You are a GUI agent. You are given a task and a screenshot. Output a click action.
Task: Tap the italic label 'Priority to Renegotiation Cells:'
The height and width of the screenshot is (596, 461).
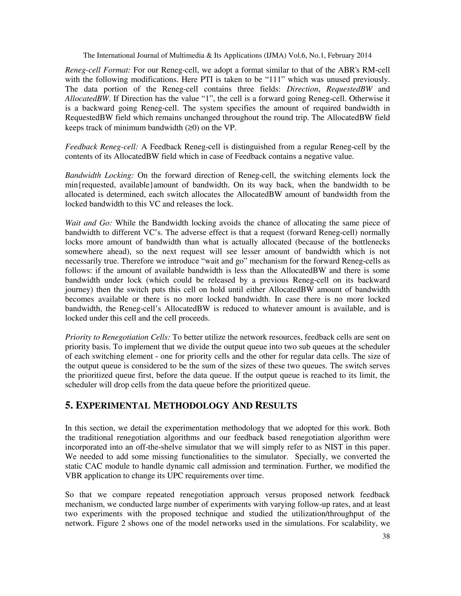(118, 337)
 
